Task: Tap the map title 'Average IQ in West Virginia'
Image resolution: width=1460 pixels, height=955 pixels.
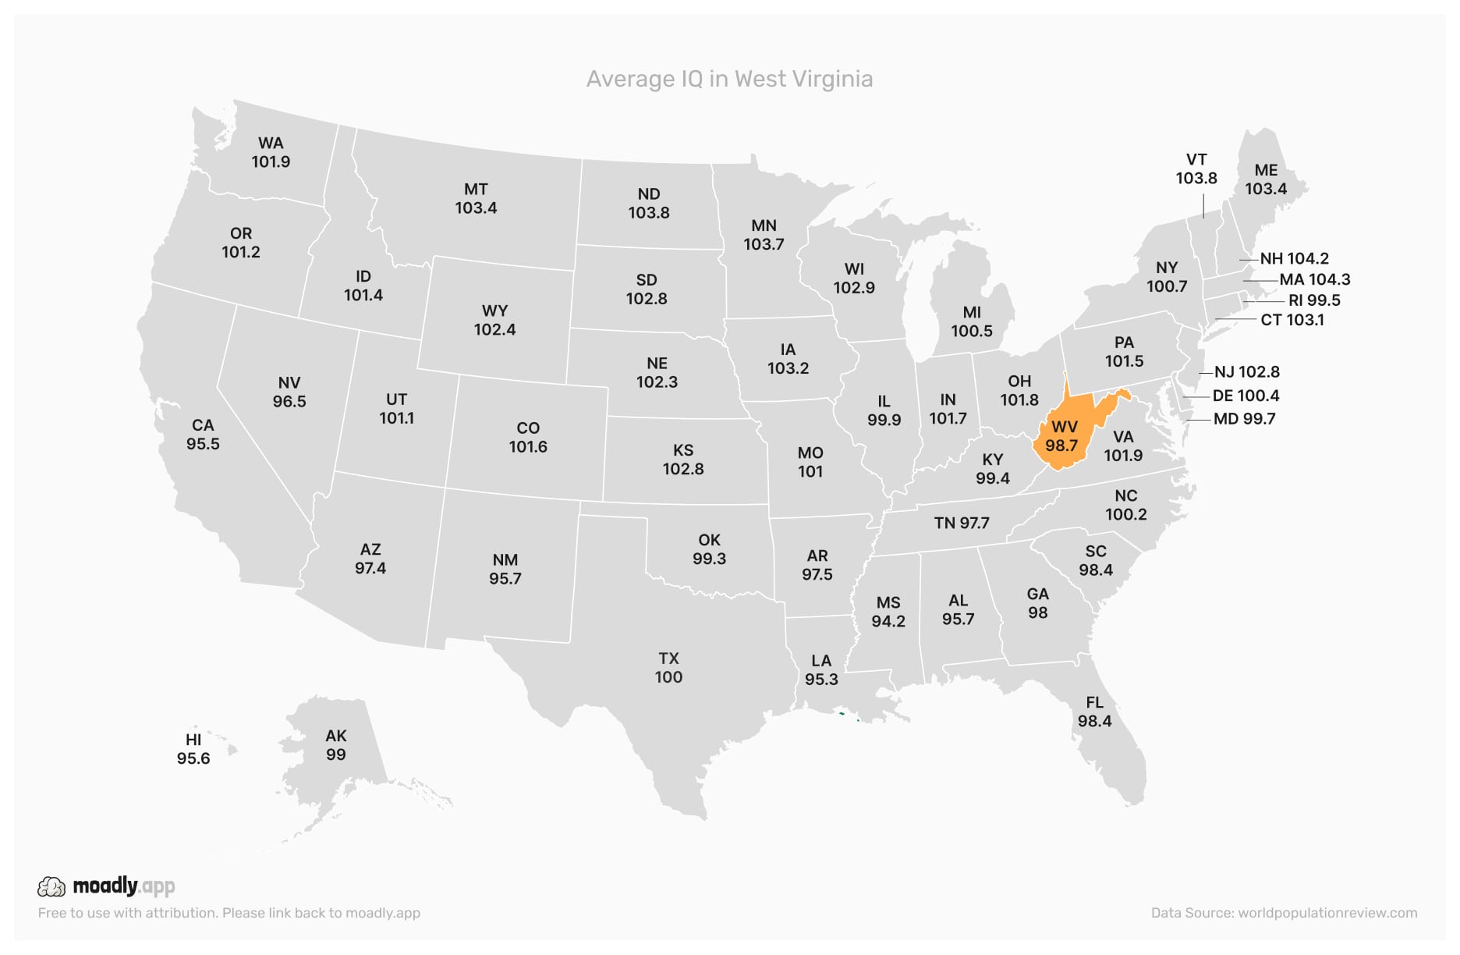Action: click(x=729, y=79)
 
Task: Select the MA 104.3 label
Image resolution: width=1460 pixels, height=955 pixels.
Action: click(x=1315, y=279)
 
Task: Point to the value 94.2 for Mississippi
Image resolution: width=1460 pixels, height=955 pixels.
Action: click(x=888, y=621)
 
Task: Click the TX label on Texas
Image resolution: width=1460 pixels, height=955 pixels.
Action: click(x=668, y=659)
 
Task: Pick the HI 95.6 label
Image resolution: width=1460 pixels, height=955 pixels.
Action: click(x=193, y=749)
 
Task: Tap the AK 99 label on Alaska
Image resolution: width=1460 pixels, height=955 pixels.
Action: click(x=336, y=745)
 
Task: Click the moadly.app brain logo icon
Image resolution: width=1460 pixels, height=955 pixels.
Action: click(x=51, y=886)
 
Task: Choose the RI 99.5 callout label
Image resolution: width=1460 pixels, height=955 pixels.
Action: click(x=1314, y=300)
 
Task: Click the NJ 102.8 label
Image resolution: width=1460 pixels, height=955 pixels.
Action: click(x=1247, y=372)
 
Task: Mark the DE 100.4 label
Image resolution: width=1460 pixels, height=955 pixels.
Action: click(x=1246, y=396)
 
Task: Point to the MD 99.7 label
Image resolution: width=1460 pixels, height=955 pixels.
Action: click(x=1244, y=419)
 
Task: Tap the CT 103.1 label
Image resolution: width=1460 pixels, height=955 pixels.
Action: click(x=1292, y=320)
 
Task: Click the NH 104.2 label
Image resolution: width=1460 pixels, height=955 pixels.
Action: click(x=1294, y=258)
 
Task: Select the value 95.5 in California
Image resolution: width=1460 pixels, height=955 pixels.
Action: click(x=203, y=444)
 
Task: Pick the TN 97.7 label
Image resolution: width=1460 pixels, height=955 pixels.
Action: click(x=962, y=523)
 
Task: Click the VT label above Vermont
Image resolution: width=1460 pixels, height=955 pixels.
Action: click(x=1196, y=159)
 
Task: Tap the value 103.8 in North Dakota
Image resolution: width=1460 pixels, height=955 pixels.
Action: click(x=649, y=213)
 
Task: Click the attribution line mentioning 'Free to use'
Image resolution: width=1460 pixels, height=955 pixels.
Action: click(x=229, y=913)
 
